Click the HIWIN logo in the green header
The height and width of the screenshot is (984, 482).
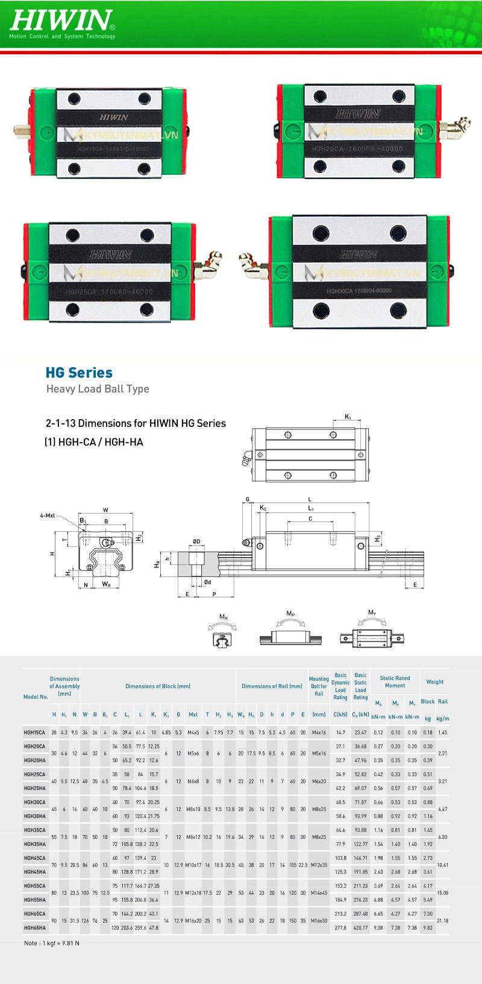60,21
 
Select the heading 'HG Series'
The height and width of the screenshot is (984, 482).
79,373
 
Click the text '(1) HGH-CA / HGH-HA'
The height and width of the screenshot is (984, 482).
94,442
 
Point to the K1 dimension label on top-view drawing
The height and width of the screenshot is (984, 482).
348,417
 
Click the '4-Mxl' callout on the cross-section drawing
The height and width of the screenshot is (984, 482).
48,516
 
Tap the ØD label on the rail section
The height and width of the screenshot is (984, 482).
196,542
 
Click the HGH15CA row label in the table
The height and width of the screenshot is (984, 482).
34,733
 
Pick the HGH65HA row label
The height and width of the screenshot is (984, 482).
34,928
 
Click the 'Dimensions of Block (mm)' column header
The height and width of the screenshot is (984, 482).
158,686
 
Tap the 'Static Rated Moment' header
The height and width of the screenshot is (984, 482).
395,682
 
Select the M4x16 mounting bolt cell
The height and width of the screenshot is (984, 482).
319,733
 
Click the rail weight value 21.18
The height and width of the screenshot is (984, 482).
442,921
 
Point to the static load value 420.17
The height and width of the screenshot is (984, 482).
360,928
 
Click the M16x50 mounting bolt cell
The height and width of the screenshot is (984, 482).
319,921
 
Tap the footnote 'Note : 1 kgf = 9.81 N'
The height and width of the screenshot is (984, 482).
52,943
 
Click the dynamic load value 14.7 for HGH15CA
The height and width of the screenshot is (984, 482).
340,733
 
